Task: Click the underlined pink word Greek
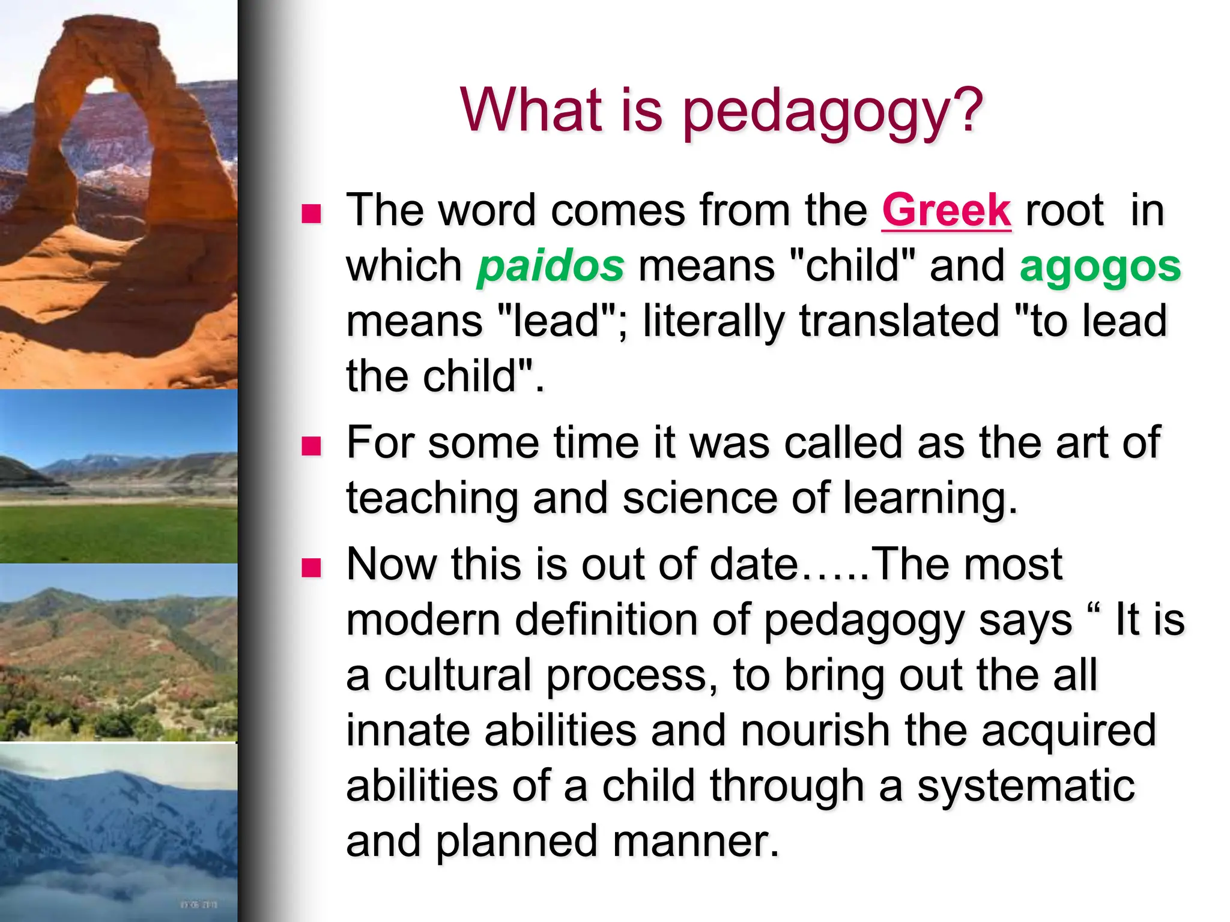click(947, 211)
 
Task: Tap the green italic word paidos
click(551, 266)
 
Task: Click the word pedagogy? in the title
click(832, 112)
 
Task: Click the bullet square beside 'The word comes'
click(311, 213)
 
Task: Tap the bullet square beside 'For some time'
click(311, 445)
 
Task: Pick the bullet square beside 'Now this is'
click(311, 567)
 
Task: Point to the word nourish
click(814, 731)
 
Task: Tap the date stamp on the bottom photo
click(199, 904)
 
